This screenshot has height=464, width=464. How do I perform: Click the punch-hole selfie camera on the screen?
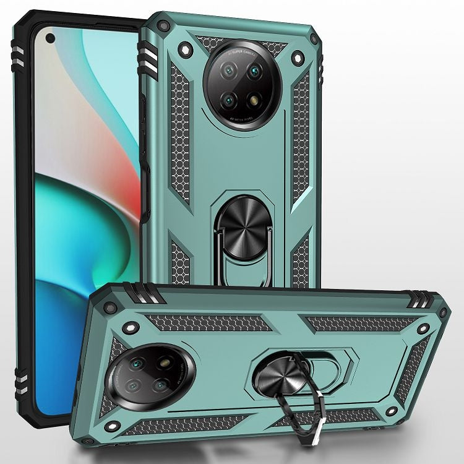pos(50,38)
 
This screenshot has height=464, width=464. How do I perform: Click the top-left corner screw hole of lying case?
pos(111,307)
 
